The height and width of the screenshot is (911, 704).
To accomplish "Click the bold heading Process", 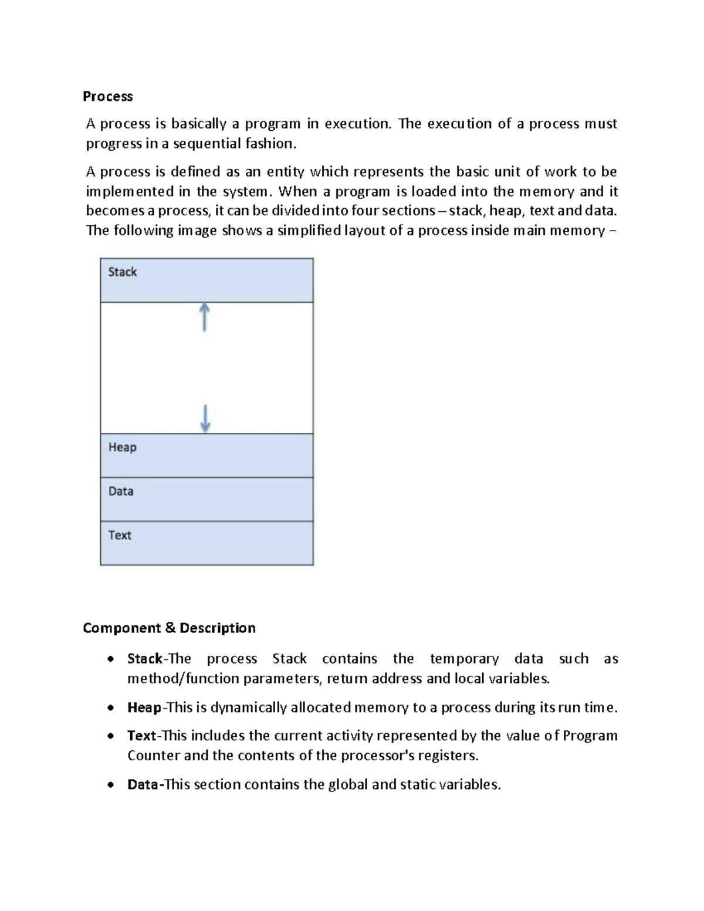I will pos(107,96).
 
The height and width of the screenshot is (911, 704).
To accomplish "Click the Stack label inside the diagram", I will pos(122,272).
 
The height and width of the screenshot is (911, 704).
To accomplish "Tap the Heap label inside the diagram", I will pos(122,448).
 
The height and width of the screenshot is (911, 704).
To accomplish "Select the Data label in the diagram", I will pos(120,492).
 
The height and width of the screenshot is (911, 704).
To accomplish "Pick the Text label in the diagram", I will pos(119,535).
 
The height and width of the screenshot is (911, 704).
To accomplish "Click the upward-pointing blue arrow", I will pos(204,317).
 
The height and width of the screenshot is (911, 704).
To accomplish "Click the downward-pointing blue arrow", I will pos(205,418).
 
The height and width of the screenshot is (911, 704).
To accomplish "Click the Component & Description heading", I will pos(169,628).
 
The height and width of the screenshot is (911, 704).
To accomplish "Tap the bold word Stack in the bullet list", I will pos(144,659).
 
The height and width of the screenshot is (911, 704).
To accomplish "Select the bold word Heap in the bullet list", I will pos(144,707).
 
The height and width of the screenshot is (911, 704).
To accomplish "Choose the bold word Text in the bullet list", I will pos(141,736).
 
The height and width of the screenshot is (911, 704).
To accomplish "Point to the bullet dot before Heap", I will pos(110,709).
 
